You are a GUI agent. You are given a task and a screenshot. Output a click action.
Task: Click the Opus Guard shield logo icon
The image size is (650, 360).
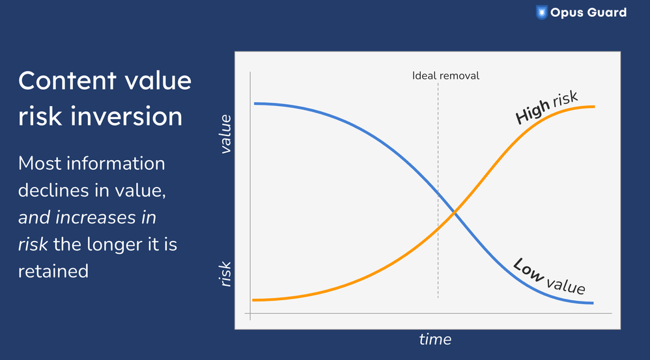pyautogui.click(x=541, y=12)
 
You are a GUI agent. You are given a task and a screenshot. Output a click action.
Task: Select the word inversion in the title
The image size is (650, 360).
pyautogui.click(x=126, y=116)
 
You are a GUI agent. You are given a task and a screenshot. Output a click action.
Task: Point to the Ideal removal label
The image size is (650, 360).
pyautogui.click(x=445, y=76)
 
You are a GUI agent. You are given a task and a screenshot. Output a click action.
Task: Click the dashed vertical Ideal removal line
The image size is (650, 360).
pyautogui.click(x=438, y=190)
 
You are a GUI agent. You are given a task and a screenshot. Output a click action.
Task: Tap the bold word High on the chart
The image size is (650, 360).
pyautogui.click(x=532, y=112)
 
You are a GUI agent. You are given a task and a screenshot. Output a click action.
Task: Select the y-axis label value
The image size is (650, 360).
pyautogui.click(x=225, y=134)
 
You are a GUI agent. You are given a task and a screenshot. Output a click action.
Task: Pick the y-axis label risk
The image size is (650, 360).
pyautogui.click(x=225, y=274)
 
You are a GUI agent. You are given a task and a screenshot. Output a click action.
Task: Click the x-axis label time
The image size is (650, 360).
pyautogui.click(x=435, y=339)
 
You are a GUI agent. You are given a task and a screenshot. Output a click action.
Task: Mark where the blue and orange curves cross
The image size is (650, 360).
pyautogui.click(x=455, y=212)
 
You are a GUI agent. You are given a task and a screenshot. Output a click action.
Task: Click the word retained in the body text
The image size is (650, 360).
pyautogui.click(x=53, y=271)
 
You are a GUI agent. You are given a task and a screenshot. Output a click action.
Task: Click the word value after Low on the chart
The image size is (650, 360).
pyautogui.click(x=566, y=286)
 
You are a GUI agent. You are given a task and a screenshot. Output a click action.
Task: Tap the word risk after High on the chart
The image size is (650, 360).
pyautogui.click(x=565, y=99)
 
